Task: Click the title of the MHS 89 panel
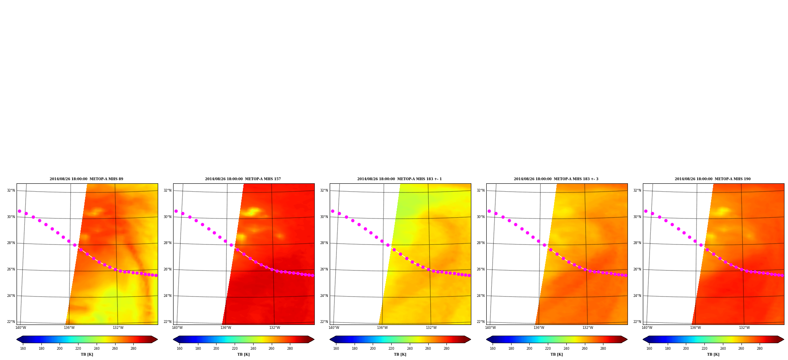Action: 86,179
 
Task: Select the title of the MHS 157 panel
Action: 243,179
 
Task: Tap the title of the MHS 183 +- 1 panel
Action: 400,179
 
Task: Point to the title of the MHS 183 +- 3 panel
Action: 556,179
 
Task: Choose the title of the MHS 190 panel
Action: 713,179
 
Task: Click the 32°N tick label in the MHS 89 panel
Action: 11,190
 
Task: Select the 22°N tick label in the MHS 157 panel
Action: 168,322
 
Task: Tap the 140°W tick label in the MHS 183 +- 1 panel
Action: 334,328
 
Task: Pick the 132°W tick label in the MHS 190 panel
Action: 744,328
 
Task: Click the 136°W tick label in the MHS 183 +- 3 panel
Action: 539,328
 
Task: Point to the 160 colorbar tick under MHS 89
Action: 23,349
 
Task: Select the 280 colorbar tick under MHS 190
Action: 760,349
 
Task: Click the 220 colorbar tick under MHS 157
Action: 235,349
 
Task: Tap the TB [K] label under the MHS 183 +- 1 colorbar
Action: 400,354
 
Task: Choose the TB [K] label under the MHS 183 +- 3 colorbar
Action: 557,354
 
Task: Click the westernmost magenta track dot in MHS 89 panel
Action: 19,211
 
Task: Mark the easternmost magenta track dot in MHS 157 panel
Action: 312,275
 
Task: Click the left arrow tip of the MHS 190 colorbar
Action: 643,339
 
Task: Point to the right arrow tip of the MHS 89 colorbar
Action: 158,339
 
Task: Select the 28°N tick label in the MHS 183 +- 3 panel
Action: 481,243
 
